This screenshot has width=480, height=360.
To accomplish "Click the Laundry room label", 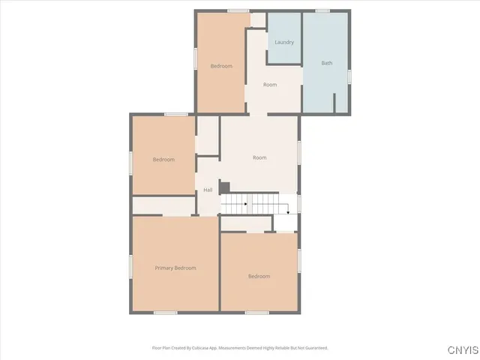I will click(x=284, y=42).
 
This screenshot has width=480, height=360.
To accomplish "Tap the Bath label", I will click(x=327, y=63).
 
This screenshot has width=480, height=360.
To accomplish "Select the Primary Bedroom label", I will click(x=175, y=268).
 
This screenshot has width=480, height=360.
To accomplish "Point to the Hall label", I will click(x=208, y=190).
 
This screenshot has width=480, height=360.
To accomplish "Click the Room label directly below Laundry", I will click(x=270, y=85).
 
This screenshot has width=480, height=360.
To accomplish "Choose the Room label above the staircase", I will click(x=259, y=157).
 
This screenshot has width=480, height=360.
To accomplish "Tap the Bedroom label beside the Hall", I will click(x=163, y=159).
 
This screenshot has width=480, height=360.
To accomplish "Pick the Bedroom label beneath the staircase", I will click(x=259, y=276).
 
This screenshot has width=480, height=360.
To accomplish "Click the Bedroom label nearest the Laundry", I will click(x=221, y=66).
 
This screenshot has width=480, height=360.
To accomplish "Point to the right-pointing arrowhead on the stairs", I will click(x=246, y=204).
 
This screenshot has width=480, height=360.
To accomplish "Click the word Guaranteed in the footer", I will click(x=314, y=348).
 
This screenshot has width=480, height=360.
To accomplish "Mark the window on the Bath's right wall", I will click(x=349, y=76).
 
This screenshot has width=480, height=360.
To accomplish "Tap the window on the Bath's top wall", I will click(x=323, y=10).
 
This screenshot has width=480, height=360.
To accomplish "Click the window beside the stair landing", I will click(x=299, y=202).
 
